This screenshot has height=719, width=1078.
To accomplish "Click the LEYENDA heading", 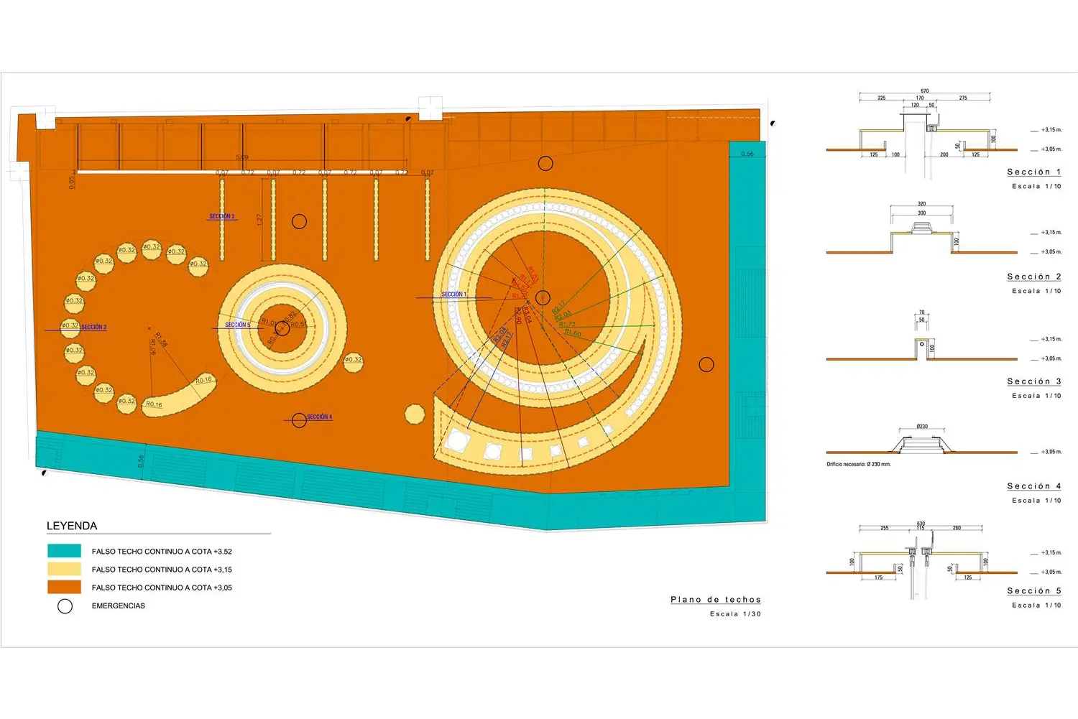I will pyautogui.click(x=72, y=526).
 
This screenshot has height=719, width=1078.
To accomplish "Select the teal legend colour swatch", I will pyautogui.click(x=64, y=551).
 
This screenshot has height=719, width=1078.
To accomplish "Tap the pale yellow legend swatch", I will pyautogui.click(x=64, y=569).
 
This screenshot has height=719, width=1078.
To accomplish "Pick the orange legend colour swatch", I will pyautogui.click(x=64, y=587).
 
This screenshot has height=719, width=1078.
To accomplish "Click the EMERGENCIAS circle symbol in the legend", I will pyautogui.click(x=65, y=606).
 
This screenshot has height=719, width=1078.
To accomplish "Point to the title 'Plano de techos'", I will pyautogui.click(x=715, y=600).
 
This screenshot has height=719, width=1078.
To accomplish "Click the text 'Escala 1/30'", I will pyautogui.click(x=734, y=614).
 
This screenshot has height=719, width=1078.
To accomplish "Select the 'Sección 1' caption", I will pyautogui.click(x=1033, y=172).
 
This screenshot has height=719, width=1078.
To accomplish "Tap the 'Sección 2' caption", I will pyautogui.click(x=1033, y=277).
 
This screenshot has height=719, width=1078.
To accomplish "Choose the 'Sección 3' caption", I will pyautogui.click(x=1033, y=382).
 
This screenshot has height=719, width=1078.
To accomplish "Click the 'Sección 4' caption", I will pyautogui.click(x=1033, y=487).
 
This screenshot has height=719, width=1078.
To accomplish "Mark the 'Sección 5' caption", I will pyautogui.click(x=1033, y=591).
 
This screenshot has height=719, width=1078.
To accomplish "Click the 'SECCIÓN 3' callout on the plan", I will pyautogui.click(x=222, y=216).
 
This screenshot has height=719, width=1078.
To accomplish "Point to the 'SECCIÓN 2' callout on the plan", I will pyautogui.click(x=93, y=328).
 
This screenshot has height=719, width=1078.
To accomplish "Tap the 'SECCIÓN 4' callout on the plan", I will pyautogui.click(x=319, y=417).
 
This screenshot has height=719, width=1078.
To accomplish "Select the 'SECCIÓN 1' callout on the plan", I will pyautogui.click(x=453, y=294).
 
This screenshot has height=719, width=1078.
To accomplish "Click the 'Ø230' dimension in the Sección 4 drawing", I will pyautogui.click(x=922, y=427).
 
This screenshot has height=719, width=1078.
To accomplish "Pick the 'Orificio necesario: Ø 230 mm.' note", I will pyautogui.click(x=858, y=465).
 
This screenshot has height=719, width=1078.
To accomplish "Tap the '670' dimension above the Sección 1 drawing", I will pyautogui.click(x=925, y=91).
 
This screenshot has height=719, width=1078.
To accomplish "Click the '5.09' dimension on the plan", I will pyautogui.click(x=242, y=157).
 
